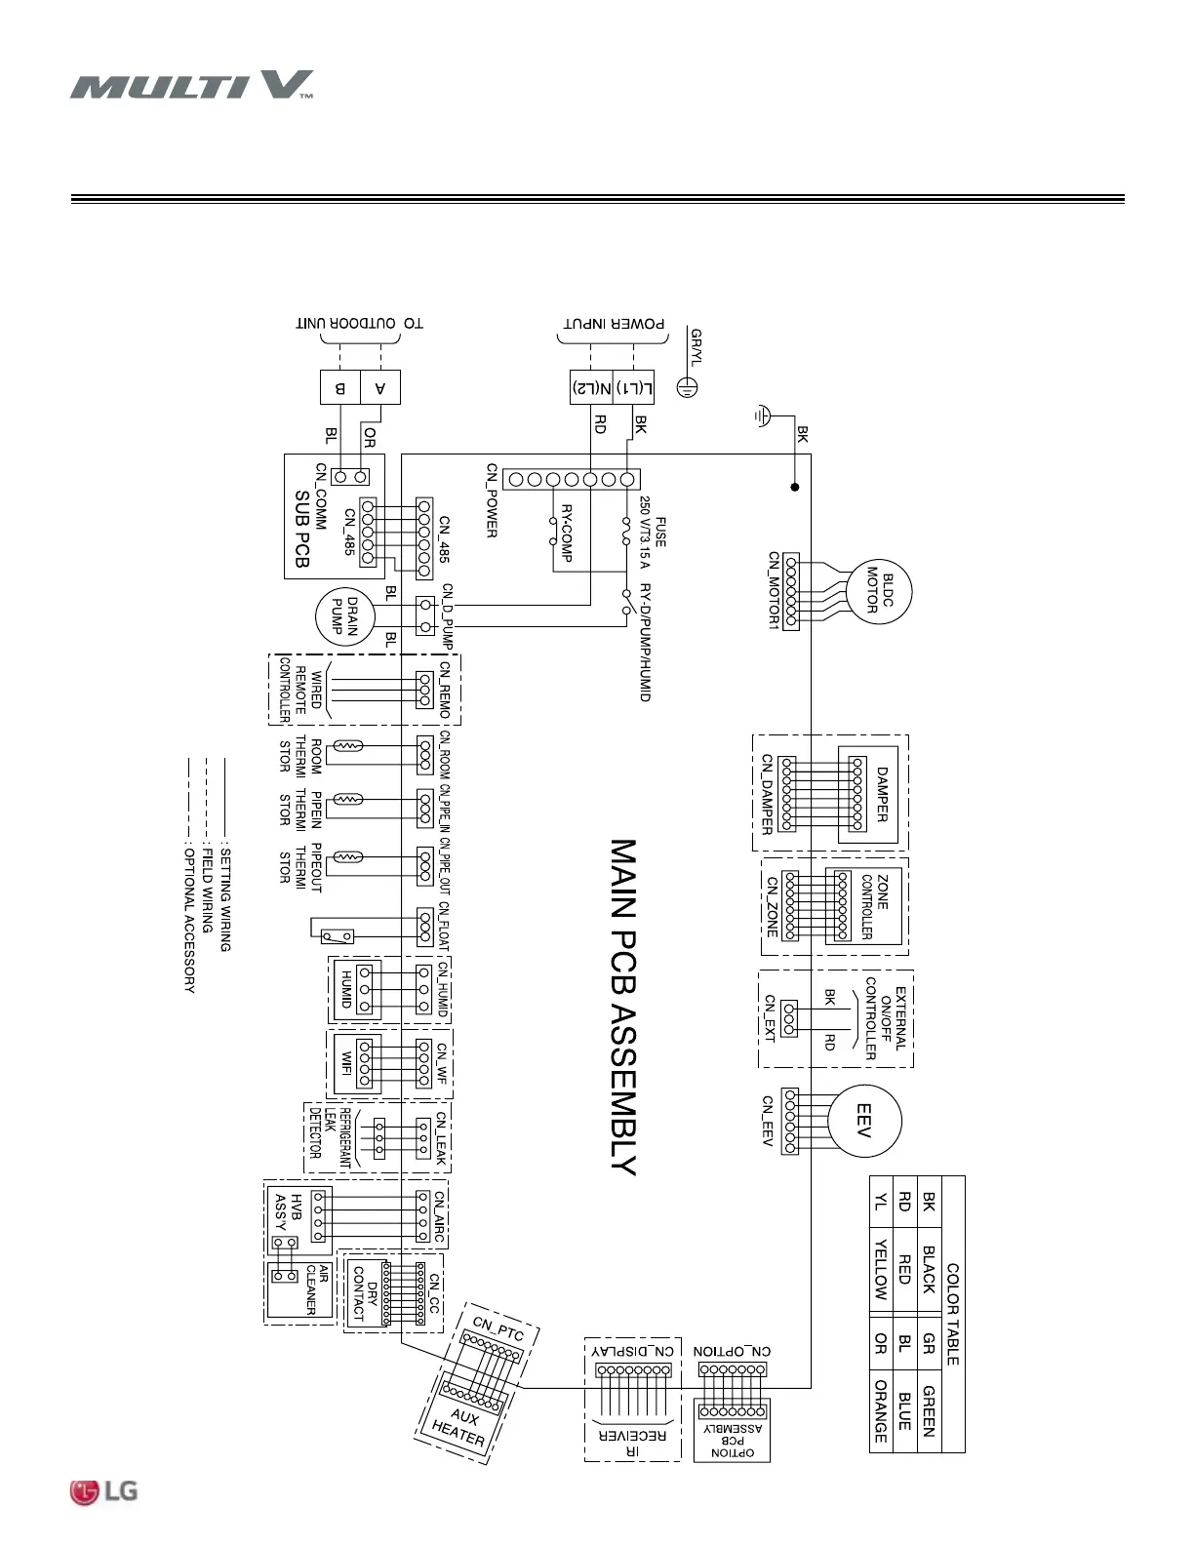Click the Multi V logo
(191, 85)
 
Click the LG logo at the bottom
(103, 1491)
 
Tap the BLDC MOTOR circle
(878, 591)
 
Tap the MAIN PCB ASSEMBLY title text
(622, 1007)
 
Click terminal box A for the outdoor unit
(380, 387)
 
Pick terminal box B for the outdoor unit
(340, 387)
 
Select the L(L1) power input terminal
(634, 387)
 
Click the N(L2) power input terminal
(591, 387)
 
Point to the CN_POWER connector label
(493, 500)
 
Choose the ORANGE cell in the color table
(880, 1410)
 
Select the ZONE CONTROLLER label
(874, 906)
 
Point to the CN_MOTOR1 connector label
(773, 589)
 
